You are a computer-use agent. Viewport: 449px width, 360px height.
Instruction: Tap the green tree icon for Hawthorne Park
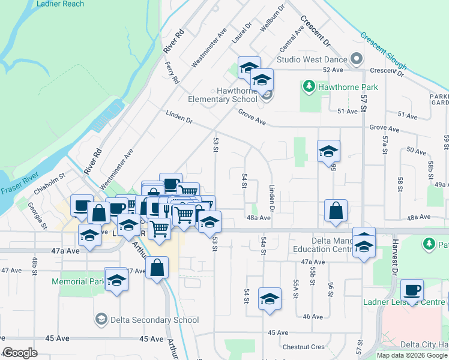pos(309,87)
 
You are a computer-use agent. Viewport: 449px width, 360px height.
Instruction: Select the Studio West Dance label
pos(312,59)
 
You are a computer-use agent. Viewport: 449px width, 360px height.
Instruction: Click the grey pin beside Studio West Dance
pos(356,59)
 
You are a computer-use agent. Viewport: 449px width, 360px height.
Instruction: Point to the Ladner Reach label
pos(60,4)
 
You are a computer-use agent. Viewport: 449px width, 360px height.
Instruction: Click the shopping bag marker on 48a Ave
pos(336,211)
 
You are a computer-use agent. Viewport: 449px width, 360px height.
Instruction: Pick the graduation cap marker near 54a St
pos(270,299)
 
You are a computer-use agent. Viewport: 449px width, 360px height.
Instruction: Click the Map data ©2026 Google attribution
pos(412,355)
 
